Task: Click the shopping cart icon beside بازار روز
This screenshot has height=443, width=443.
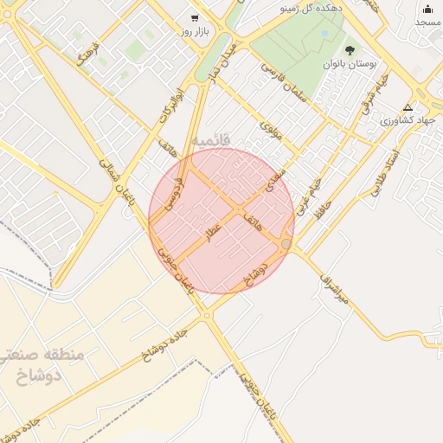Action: [x=195, y=17]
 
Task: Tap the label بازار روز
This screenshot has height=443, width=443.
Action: [x=195, y=31]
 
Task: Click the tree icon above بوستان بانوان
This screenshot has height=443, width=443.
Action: [x=350, y=51]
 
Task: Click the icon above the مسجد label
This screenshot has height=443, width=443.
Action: [x=427, y=9]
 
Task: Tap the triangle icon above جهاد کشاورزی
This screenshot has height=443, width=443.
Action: [x=408, y=106]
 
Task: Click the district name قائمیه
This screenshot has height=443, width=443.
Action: [x=211, y=138]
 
